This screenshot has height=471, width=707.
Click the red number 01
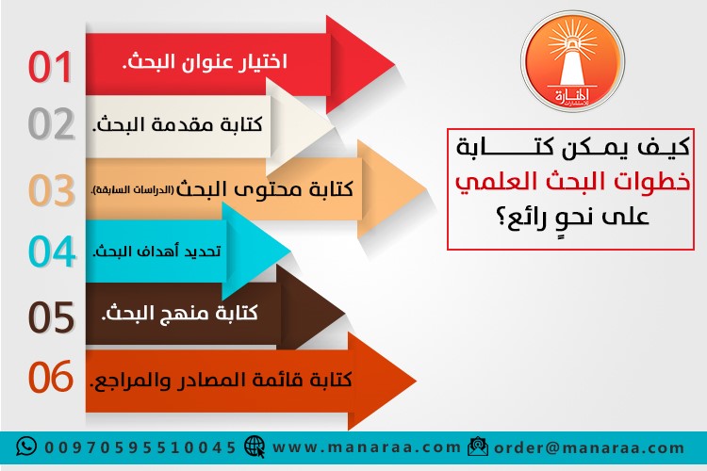click(50, 67)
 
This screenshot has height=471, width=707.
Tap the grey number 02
click(52, 124)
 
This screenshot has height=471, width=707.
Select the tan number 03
click(52, 189)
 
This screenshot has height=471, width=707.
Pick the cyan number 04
click(52, 252)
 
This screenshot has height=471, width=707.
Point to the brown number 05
click(52, 317)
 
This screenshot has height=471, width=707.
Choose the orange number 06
click(51, 377)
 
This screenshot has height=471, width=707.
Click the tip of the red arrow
click(395, 64)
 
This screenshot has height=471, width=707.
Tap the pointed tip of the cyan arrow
click(291, 251)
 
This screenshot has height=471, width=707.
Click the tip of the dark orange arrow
click(416, 381)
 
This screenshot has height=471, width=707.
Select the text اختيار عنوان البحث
click(205, 62)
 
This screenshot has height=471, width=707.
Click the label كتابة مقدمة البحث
click(177, 124)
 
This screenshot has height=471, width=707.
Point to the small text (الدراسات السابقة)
click(132, 190)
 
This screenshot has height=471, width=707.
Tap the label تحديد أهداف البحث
click(156, 251)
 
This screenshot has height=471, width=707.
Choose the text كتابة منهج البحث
click(179, 313)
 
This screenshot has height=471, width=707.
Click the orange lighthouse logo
click(572, 61)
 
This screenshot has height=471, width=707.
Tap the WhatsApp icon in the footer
click(26, 447)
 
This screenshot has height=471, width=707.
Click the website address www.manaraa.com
click(367, 447)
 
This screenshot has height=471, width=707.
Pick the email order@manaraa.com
click(589, 447)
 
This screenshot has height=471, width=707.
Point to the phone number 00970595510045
click(140, 447)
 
